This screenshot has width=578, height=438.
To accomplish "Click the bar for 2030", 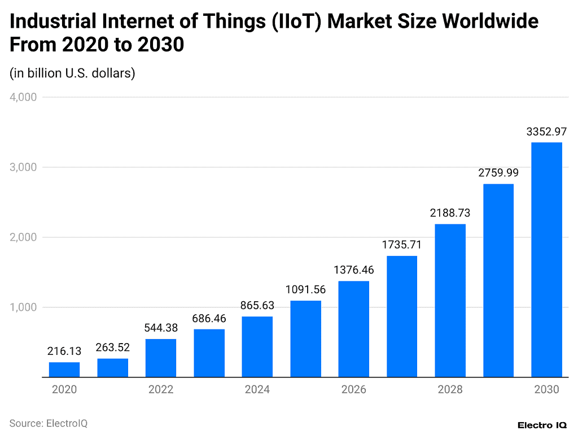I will (x=546, y=259).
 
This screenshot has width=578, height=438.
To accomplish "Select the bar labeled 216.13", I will (x=64, y=370).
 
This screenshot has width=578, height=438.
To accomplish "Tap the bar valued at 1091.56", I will (x=305, y=339).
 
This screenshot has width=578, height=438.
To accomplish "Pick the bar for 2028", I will (x=450, y=300).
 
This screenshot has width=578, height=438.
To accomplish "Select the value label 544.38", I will (x=161, y=328).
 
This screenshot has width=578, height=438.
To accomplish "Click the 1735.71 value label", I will (x=401, y=245).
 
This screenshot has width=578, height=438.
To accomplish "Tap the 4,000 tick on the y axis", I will (x=23, y=97).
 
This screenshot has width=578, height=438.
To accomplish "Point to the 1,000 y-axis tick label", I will (x=23, y=307).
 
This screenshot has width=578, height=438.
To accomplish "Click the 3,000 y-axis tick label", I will (x=23, y=167).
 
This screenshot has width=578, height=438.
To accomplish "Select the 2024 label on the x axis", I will (x=257, y=390).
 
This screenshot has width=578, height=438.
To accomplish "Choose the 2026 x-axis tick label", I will (x=353, y=390).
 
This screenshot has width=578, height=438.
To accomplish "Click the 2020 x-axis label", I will (x=64, y=390).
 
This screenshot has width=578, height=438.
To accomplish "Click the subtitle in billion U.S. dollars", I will (x=72, y=73).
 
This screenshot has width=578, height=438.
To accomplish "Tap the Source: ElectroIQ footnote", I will (x=49, y=423).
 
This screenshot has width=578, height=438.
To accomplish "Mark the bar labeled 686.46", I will (x=209, y=353).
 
